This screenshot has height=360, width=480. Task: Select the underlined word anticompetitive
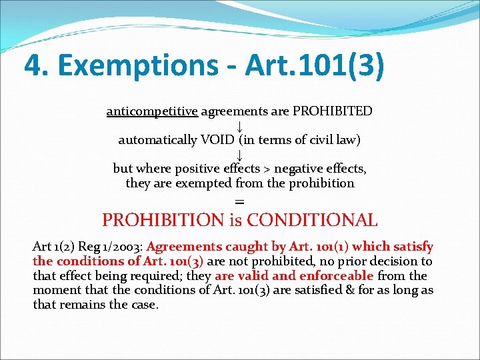[x=152, y=111]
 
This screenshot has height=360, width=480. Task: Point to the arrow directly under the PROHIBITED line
[x=239, y=126]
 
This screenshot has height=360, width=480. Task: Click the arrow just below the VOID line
[x=239, y=155]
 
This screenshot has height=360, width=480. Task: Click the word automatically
[x=157, y=140]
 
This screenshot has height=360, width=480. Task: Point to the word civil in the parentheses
[x=323, y=140]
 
